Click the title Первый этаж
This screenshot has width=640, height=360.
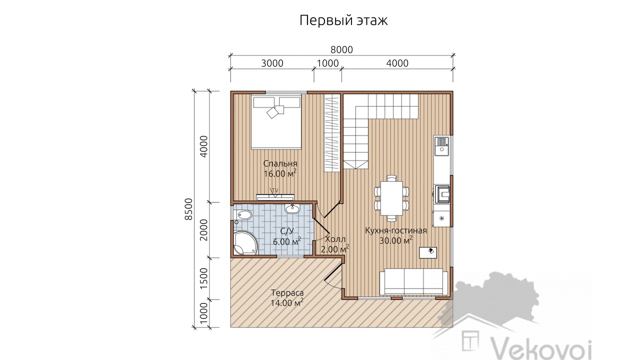343,20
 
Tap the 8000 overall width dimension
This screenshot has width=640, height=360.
341,49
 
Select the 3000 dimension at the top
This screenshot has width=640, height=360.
272,63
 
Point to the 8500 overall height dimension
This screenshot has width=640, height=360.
188,209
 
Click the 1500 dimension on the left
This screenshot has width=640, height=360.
203,278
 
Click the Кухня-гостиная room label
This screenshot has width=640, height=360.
396,230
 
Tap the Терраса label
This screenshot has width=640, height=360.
287,293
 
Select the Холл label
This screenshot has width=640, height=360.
335,239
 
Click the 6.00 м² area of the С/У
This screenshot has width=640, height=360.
287,241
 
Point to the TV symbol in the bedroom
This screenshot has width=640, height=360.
74,192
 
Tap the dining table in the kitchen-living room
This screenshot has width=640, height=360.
391,198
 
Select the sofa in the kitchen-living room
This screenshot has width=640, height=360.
413,281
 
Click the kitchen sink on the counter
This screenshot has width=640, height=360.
441,145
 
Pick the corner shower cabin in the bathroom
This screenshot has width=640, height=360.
245,243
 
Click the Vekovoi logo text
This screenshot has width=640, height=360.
540,349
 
